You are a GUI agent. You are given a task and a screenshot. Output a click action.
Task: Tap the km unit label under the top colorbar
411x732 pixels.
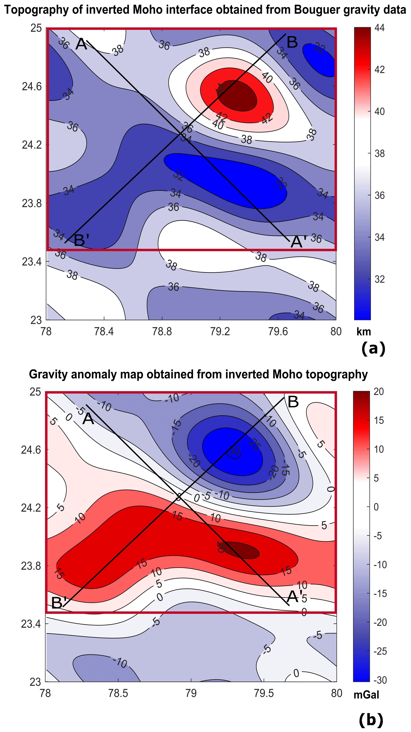click(x=364, y=332)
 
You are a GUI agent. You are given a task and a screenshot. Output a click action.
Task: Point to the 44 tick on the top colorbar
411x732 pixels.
click(x=380, y=28)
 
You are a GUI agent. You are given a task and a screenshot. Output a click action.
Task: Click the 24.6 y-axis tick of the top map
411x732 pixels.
click(x=31, y=86)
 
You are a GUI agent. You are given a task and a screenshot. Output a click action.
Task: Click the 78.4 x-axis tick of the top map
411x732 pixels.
click(x=104, y=332)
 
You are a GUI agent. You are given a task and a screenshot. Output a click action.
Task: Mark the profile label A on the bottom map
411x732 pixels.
click(x=88, y=419)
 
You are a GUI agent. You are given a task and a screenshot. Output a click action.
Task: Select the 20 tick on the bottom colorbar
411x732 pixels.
click(x=379, y=392)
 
